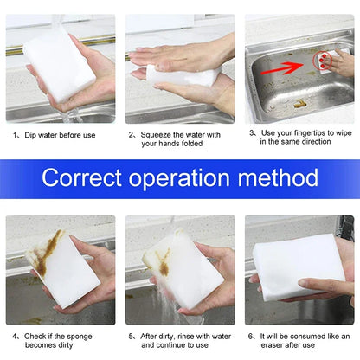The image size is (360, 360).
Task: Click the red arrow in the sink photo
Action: (x=286, y=63)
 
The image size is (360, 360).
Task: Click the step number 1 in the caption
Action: (x=15, y=135)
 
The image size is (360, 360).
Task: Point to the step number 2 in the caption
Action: (x=132, y=135)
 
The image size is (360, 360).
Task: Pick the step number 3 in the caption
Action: (x=252, y=133)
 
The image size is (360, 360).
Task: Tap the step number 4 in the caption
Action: (x=15, y=332)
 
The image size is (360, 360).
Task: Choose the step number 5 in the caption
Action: (x=132, y=332)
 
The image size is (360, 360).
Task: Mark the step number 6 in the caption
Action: (x=252, y=332)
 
